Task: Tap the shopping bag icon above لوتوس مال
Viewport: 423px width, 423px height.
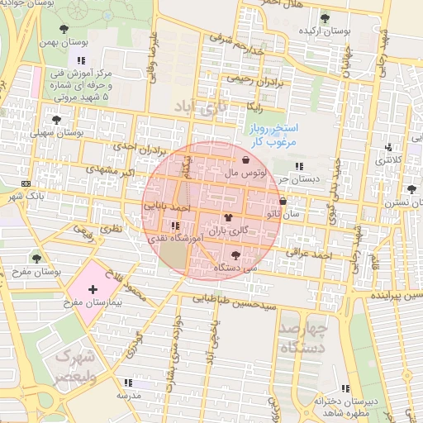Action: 246,160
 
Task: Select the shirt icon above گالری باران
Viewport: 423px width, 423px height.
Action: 226,217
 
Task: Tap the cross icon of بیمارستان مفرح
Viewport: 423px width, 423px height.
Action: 93,289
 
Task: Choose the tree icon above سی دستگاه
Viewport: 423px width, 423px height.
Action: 237,255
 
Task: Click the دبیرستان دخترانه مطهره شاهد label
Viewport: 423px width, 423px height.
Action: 345,406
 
